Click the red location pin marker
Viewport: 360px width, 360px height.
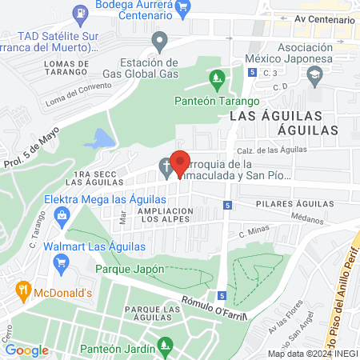(x=181, y=162)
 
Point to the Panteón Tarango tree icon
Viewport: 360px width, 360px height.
(x=215, y=78)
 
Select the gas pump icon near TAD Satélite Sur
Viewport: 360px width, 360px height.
(x=80, y=13)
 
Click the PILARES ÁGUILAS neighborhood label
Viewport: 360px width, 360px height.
(x=294, y=205)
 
